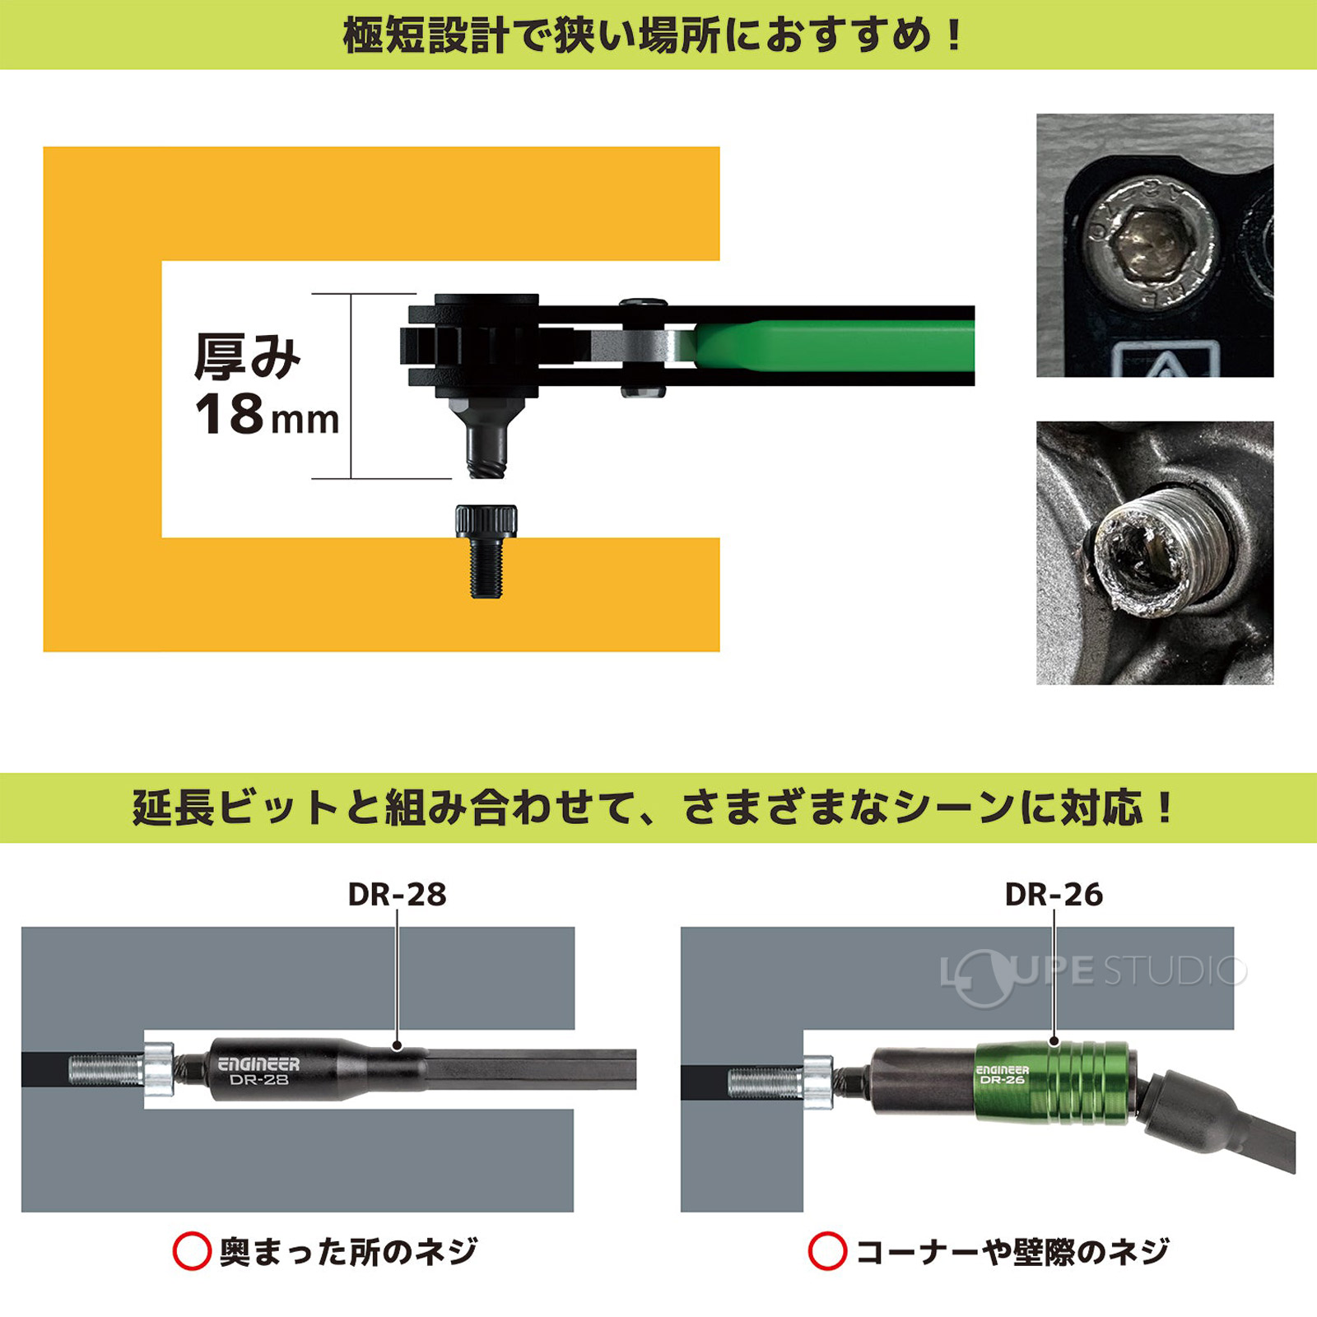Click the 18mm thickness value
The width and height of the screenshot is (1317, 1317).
click(265, 414)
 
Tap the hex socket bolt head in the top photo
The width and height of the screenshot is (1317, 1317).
click(1151, 247)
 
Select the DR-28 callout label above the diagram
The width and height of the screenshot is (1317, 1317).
click(397, 895)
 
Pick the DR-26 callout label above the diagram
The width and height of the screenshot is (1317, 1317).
click(1054, 895)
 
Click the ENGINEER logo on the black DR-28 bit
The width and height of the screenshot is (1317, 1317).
click(258, 1064)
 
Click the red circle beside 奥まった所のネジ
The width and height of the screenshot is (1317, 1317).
click(192, 1251)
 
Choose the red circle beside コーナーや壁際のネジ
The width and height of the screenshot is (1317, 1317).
click(827, 1251)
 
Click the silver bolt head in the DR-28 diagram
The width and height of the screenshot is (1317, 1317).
click(159, 1069)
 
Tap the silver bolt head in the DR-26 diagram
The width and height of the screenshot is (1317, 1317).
click(817, 1081)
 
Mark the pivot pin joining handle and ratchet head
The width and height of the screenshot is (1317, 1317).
click(643, 347)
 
